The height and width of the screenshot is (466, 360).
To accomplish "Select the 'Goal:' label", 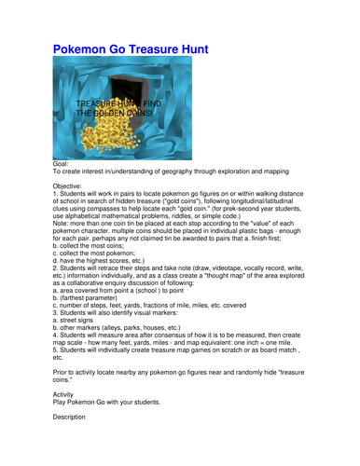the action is (62, 163).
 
